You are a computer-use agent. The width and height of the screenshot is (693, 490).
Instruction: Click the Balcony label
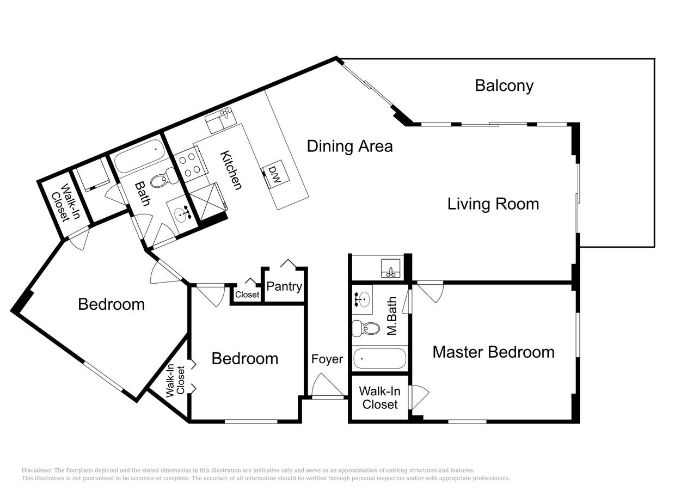tap(504, 85)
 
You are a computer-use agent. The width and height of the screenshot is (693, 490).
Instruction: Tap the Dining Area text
tap(350, 146)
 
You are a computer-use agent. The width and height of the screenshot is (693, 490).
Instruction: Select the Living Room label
tap(493, 204)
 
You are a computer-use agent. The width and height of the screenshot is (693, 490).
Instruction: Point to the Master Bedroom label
tap(493, 352)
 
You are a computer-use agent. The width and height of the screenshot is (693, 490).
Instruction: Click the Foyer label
tap(327, 359)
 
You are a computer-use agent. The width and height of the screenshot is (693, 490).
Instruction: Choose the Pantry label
tap(284, 286)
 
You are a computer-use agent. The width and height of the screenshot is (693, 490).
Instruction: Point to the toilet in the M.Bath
tap(366, 328)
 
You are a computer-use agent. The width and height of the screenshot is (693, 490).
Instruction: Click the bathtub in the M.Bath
tap(379, 359)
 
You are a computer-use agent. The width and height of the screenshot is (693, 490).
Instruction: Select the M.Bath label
tap(392, 316)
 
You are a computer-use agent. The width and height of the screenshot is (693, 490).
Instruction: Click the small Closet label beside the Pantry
tap(247, 294)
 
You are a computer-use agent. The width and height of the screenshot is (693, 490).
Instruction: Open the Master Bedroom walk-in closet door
tap(419, 397)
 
